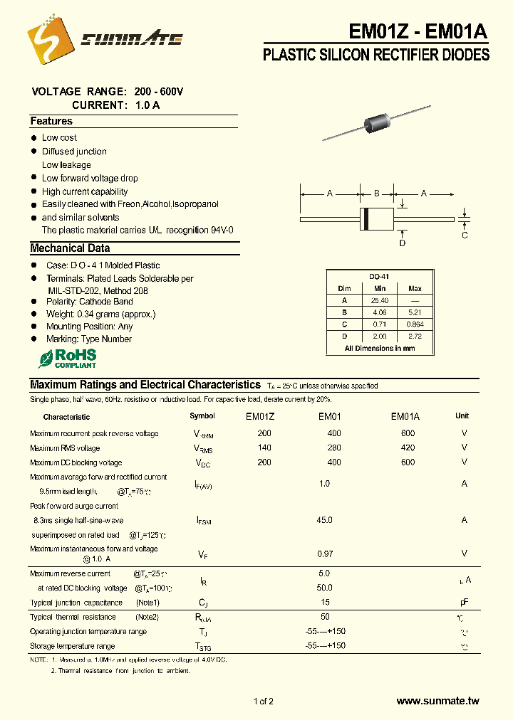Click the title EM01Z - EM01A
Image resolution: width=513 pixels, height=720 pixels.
coord(418,31)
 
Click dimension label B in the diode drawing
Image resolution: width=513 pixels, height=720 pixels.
coord(377,193)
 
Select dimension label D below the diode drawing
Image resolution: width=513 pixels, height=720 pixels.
coord(402,243)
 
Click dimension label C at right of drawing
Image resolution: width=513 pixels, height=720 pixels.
coord(465,235)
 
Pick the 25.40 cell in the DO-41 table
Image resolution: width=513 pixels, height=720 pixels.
coord(379,300)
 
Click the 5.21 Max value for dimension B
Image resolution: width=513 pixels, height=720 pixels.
coord(415,312)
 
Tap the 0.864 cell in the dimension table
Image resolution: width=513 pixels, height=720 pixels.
coord(415,324)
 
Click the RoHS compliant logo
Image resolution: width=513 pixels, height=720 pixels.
coord(67,358)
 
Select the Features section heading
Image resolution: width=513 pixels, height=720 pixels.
coord(51,122)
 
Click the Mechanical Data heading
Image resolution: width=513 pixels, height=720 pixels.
coord(70,248)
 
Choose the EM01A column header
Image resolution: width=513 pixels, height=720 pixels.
coord(405,416)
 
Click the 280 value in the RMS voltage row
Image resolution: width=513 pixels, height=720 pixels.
coord(333,448)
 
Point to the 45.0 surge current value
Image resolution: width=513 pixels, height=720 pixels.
coord(324,520)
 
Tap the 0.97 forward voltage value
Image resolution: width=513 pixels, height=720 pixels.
coord(324,554)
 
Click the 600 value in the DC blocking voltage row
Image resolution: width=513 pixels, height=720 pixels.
coord(408,462)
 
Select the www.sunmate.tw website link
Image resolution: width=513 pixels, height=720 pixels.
coord(437,701)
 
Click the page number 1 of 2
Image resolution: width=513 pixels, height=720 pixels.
coord(263,702)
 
